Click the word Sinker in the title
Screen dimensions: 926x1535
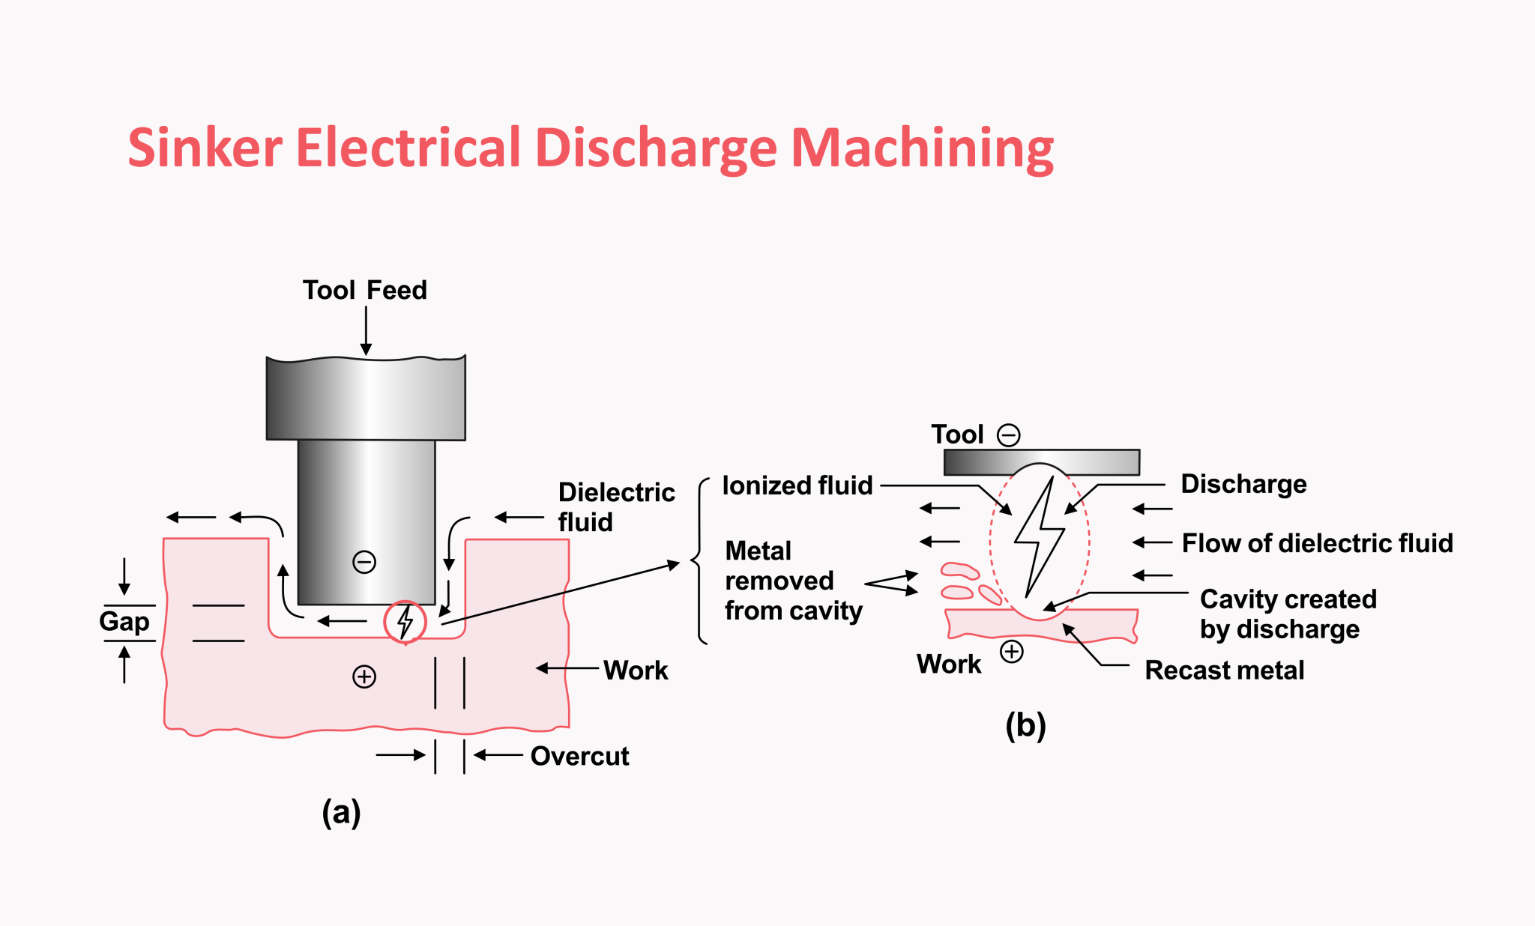point(205,148)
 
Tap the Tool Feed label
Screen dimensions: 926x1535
point(364,290)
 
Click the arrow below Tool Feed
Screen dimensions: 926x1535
point(366,330)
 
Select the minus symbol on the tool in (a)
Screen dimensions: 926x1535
point(364,562)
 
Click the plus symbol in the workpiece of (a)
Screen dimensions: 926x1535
point(364,677)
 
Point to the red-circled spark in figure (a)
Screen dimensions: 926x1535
point(405,621)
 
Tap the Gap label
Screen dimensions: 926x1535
point(124,621)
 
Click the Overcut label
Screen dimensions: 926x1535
point(579,756)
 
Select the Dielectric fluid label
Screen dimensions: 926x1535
point(615,506)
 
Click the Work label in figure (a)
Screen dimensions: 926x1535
point(635,670)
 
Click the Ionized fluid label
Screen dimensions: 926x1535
point(797,485)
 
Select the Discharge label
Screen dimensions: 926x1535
point(1243,484)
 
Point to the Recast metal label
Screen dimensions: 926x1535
point(1224,670)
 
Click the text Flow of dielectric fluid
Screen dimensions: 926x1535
point(1317,542)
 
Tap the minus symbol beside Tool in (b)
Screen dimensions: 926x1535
point(1009,435)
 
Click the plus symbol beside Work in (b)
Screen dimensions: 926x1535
point(1012,651)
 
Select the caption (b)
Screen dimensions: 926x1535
point(1025,725)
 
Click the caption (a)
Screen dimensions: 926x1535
point(341,812)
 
